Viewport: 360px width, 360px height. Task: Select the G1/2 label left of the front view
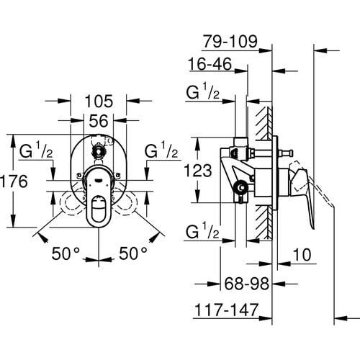pyautogui.click(x=33, y=152)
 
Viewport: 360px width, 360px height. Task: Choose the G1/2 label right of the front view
pyautogui.click(x=161, y=152)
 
